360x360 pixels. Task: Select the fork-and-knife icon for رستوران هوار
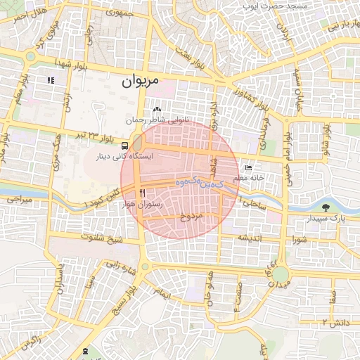(x=143, y=193)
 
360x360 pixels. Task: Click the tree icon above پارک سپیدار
(x=326, y=207)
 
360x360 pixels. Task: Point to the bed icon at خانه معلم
(x=247, y=168)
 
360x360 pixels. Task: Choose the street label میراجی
(x=19, y=200)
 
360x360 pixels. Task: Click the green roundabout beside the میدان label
(x=281, y=274)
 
